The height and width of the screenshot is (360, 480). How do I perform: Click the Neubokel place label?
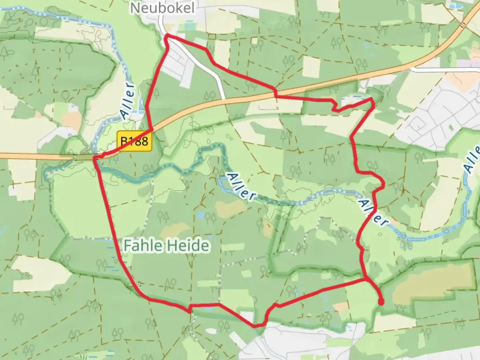[162, 8]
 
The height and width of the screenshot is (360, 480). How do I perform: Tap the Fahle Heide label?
[166, 246]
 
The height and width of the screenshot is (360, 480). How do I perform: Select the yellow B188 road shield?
[134, 141]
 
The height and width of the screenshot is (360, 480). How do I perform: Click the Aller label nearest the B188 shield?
[128, 100]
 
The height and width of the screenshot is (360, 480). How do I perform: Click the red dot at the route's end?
[381, 302]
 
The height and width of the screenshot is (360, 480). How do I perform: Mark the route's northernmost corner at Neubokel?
[167, 35]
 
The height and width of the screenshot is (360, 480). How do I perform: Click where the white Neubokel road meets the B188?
[225, 99]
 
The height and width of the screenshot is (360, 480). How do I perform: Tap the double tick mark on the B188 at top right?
[463, 24]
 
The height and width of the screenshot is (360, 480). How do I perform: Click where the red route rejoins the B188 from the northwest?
[152, 129]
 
